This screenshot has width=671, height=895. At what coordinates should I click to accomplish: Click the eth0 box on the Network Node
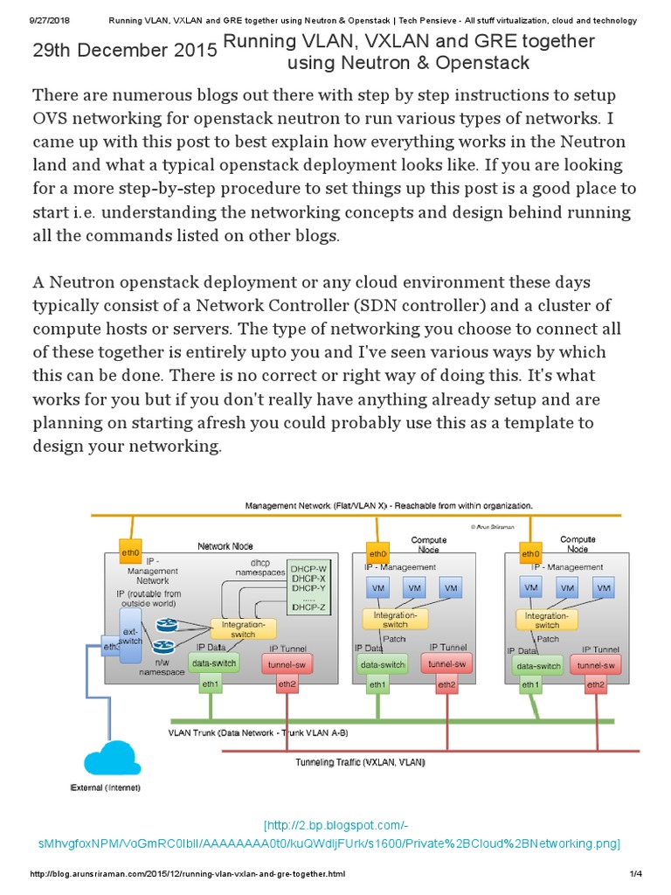[x=131, y=553]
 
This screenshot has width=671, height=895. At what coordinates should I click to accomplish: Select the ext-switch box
[x=129, y=636]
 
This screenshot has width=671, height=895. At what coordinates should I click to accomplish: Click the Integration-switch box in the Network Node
[x=243, y=629]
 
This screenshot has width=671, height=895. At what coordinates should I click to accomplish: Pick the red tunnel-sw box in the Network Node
[x=287, y=666]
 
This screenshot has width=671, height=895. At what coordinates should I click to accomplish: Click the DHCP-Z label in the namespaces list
[x=308, y=607]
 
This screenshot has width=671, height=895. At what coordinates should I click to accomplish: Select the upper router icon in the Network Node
[x=166, y=626]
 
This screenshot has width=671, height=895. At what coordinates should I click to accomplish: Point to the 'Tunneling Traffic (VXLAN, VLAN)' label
[x=360, y=762]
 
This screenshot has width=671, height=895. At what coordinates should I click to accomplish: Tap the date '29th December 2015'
[x=125, y=51]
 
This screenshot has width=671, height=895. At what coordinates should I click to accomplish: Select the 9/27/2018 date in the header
[x=51, y=20]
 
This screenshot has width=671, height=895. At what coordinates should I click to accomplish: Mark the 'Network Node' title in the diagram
[x=225, y=546]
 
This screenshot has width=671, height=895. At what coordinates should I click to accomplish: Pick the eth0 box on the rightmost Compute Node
[x=530, y=553]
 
